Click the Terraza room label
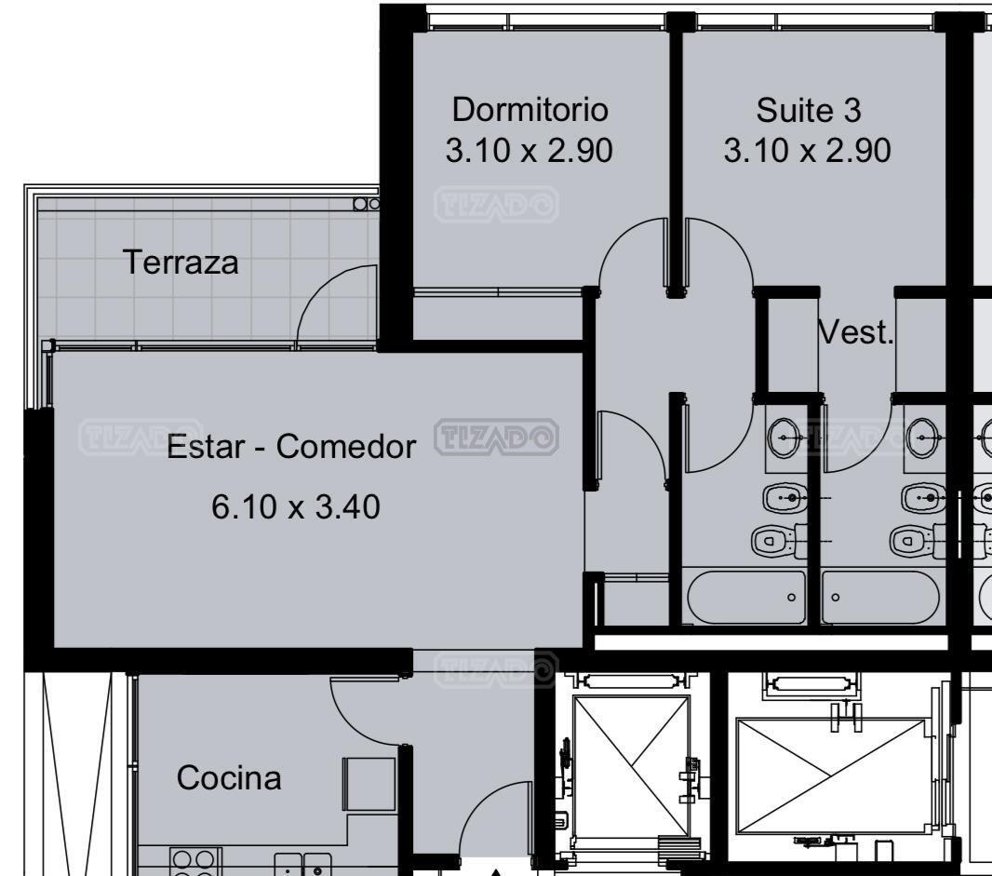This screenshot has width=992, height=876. click(181, 262)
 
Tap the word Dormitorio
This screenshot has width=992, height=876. click(530, 110)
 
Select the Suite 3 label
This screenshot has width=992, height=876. click(809, 110)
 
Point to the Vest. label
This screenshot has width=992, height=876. click(856, 331)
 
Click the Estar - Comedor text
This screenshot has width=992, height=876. click(291, 446)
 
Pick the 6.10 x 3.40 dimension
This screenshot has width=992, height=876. click(295, 506)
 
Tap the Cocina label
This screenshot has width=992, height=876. click(229, 778)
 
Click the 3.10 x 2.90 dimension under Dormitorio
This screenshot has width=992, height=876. click(529, 151)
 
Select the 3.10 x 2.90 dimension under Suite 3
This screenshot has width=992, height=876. click(807, 151)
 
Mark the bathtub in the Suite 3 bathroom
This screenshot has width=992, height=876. click(880, 597)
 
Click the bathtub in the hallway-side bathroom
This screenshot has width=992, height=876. click(746, 597)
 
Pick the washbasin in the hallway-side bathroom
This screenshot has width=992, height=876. click(784, 438)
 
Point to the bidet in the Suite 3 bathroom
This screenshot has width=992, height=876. click(923, 497)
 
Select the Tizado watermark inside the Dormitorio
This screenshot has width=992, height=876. click(496, 205)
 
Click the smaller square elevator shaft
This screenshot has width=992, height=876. click(631, 765)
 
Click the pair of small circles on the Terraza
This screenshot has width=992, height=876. click(367, 204)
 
